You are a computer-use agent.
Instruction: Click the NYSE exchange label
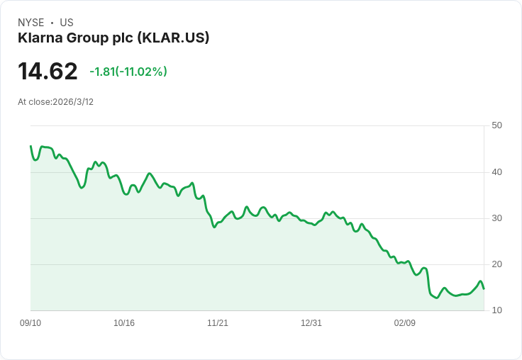pyautogui.click(x=31, y=23)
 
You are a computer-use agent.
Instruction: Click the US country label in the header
pyautogui.click(x=67, y=23)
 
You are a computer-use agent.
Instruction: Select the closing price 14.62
pyautogui.click(x=48, y=72)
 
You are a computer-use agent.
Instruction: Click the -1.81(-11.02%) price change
pyautogui.click(x=128, y=72)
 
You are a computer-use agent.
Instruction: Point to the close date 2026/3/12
pyautogui.click(x=73, y=102)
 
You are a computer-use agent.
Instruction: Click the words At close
pyautogui.click(x=34, y=102)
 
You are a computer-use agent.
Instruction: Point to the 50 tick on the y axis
pyautogui.click(x=496, y=125)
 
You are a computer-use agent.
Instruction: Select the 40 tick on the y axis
pyautogui.click(x=496, y=171)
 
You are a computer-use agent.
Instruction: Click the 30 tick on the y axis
pyautogui.click(x=496, y=218)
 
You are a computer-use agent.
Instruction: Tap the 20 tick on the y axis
pyautogui.click(x=496, y=264)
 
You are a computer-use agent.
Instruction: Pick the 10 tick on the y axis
pyautogui.click(x=496, y=310)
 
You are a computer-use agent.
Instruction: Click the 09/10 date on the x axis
pyautogui.click(x=30, y=323)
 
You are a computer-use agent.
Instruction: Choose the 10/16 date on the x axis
pyautogui.click(x=124, y=323)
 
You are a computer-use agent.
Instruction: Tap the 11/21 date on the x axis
pyautogui.click(x=218, y=323)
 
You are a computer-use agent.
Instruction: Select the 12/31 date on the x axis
pyautogui.click(x=311, y=323)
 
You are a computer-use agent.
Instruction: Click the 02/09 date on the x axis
pyautogui.click(x=405, y=323)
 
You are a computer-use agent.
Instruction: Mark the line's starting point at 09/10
pyautogui.click(x=30, y=146)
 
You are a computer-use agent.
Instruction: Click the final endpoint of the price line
pyautogui.click(x=484, y=288)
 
